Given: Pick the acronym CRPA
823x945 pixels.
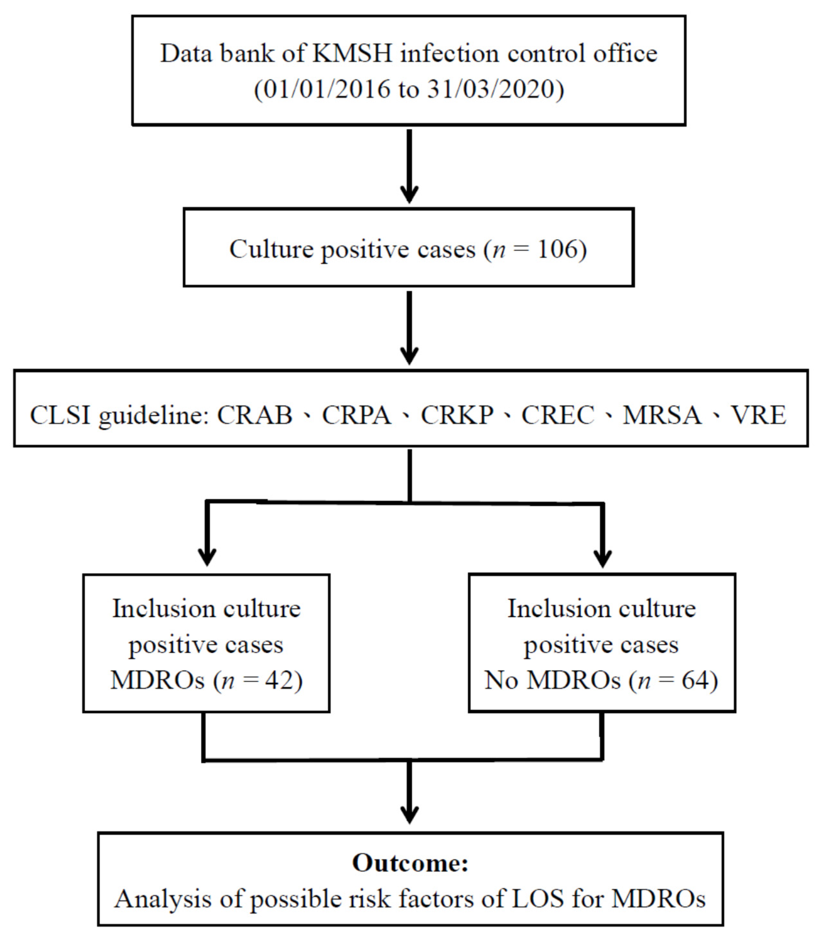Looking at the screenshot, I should click(x=356, y=415).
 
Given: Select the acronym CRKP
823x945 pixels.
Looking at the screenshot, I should click(x=457, y=415).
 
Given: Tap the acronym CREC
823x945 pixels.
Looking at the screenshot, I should click(x=558, y=415).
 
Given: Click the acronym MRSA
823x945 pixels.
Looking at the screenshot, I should click(x=662, y=415).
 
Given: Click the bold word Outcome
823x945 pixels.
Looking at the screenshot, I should click(x=410, y=863).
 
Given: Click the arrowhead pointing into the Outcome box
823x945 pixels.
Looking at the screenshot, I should click(x=409, y=815).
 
